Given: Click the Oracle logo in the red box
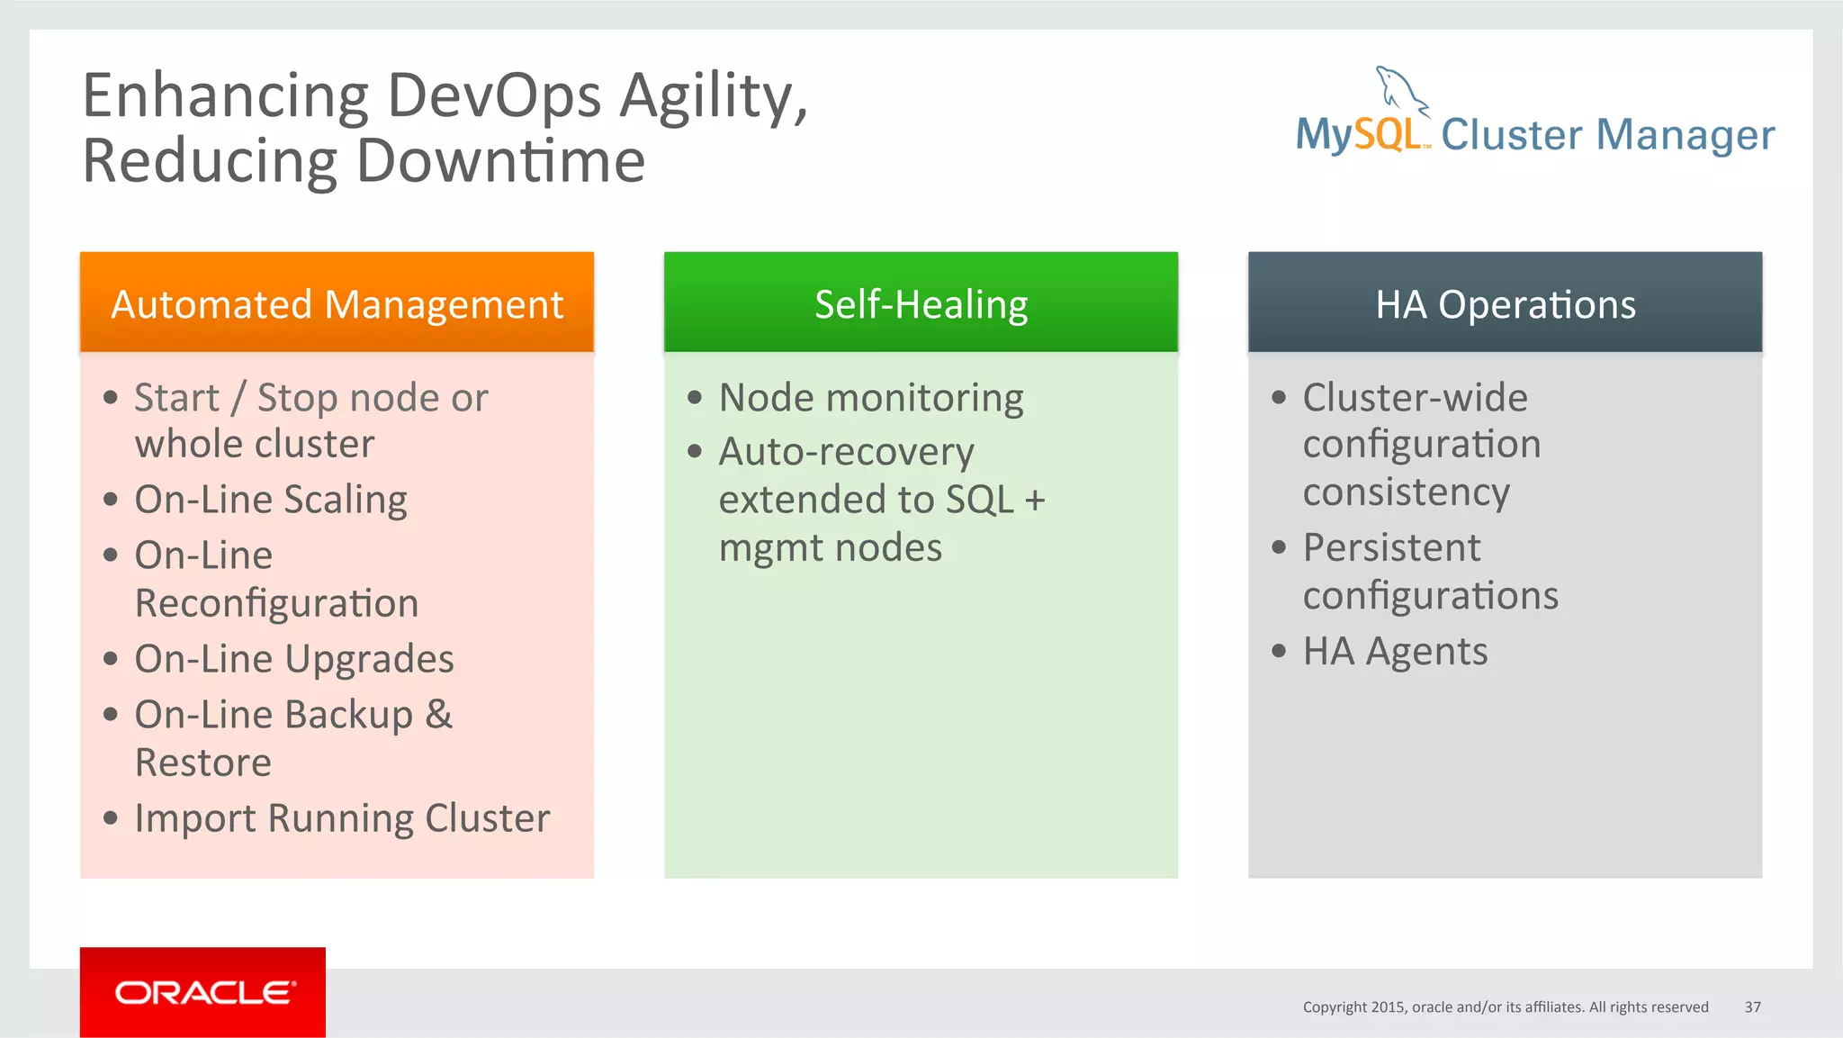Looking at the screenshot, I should (204, 992).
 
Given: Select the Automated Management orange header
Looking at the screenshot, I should (337, 303).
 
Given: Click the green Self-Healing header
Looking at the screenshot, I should (921, 303).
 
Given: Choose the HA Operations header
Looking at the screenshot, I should (1505, 303).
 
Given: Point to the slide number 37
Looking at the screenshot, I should (1752, 1006).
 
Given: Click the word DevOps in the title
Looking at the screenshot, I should (494, 95).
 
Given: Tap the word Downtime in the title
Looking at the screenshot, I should (500, 161).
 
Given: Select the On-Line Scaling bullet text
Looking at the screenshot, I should (271, 500).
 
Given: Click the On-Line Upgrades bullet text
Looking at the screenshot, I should (294, 659).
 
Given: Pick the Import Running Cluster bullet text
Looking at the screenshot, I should (342, 818).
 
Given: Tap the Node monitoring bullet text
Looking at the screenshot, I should (871, 398).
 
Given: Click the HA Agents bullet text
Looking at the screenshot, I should (1395, 651).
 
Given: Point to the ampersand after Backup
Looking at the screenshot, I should (438, 714).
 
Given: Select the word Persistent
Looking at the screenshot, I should (1391, 547).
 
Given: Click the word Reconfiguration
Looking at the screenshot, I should (276, 603).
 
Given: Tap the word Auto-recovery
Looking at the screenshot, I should (846, 452).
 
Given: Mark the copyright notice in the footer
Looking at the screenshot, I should (1505, 1006).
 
